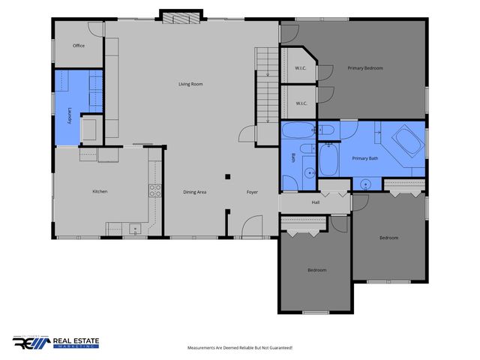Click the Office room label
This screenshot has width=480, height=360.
79,46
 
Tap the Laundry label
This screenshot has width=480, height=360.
70,115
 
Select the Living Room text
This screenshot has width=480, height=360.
190,84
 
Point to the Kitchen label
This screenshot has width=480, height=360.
100,191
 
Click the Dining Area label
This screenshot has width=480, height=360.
195,192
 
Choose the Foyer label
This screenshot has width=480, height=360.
253,192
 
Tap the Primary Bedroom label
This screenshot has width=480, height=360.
365,68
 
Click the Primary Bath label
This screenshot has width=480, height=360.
365,158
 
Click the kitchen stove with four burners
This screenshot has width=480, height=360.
155,190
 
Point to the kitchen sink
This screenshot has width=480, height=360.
134,227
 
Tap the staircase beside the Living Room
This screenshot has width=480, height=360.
266,85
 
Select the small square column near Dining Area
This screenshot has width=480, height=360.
226,177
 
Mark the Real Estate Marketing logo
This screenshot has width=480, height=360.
55,343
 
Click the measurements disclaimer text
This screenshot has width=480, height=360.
239,348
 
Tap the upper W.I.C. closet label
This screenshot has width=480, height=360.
301,68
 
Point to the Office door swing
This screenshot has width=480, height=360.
96,29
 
